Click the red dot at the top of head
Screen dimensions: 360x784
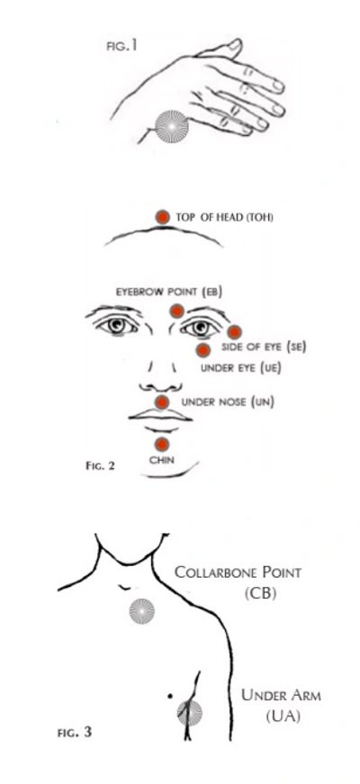(x=163, y=218)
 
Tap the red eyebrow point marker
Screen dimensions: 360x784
(x=176, y=311)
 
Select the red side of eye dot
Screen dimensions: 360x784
(x=234, y=332)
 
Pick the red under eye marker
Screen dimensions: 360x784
(x=202, y=350)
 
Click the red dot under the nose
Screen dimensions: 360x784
(x=161, y=402)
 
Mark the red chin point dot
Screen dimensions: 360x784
(x=161, y=445)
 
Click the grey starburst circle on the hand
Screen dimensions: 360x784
(x=172, y=128)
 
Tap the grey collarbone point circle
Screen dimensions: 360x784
(x=142, y=611)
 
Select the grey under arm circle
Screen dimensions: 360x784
(x=190, y=713)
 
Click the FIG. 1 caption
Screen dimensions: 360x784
(x=121, y=47)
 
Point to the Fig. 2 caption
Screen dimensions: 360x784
(x=101, y=466)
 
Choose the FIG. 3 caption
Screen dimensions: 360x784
(x=75, y=733)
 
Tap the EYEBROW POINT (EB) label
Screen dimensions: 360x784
(x=169, y=292)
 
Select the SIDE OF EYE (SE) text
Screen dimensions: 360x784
(x=264, y=347)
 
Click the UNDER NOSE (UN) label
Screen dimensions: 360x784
(x=228, y=402)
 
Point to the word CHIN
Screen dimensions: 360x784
(x=162, y=460)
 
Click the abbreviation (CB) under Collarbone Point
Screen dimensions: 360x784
(x=261, y=593)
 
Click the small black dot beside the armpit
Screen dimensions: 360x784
(x=170, y=696)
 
